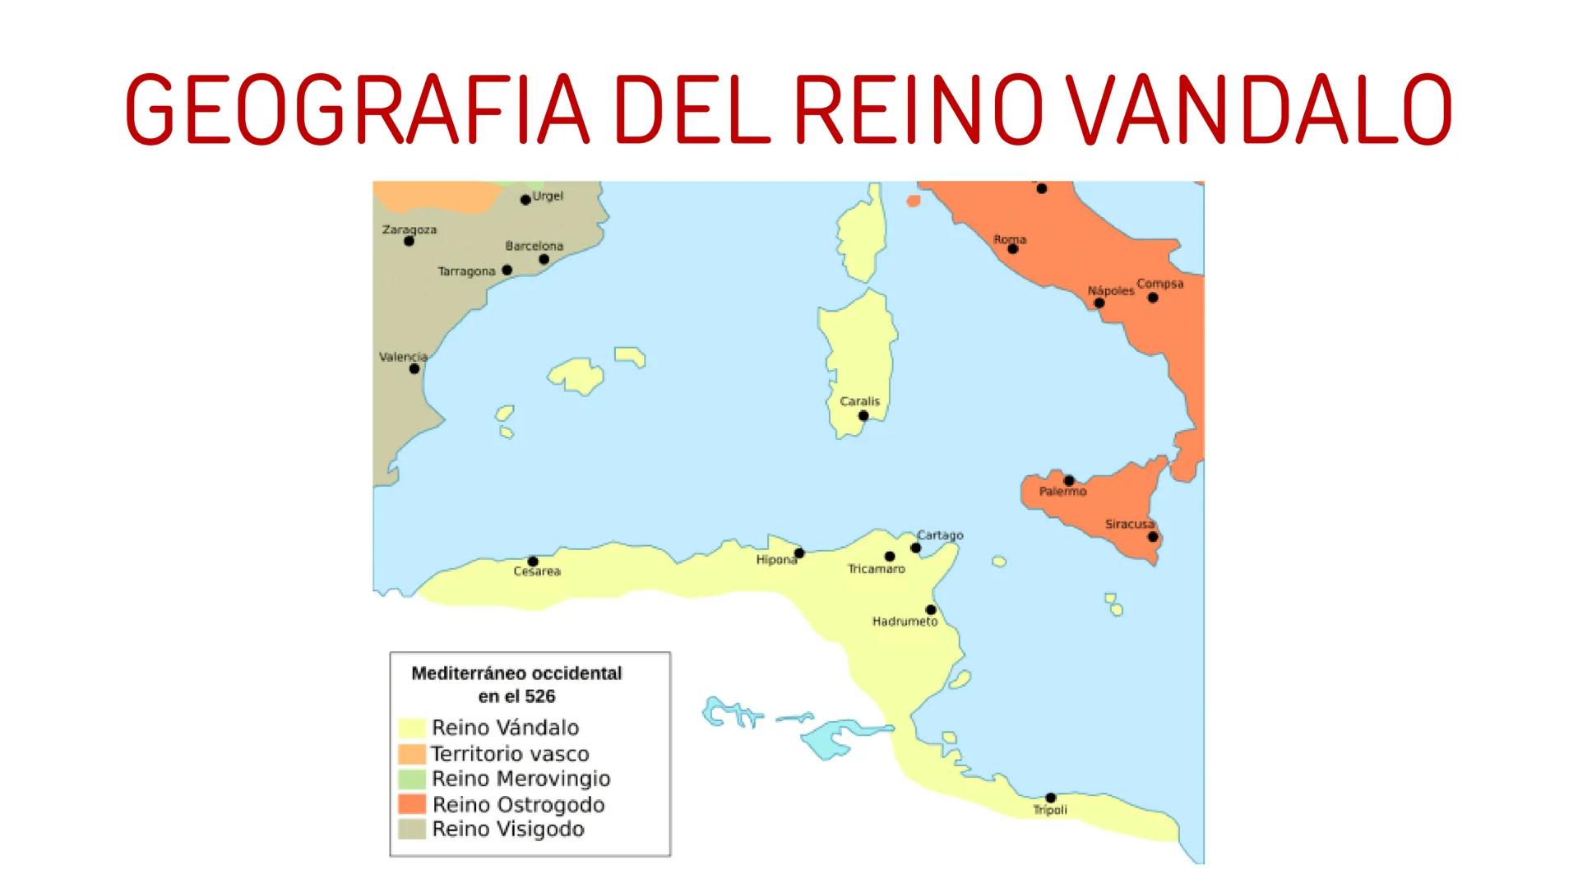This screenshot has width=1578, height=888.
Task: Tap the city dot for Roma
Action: pyautogui.click(x=1012, y=248)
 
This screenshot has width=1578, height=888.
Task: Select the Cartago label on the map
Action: pyautogui.click(x=940, y=535)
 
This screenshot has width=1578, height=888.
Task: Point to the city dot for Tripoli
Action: pyautogui.click(x=1050, y=798)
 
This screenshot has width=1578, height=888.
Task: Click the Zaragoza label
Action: pyautogui.click(x=410, y=229)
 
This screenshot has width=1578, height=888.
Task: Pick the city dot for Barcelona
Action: pyautogui.click(x=544, y=259)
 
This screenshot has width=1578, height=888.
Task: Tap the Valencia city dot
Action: pyautogui.click(x=414, y=368)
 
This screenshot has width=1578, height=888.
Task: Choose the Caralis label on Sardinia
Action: pyautogui.click(x=859, y=401)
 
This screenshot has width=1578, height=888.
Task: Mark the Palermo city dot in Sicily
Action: pyautogui.click(x=1069, y=480)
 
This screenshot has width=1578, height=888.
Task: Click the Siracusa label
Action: pyautogui.click(x=1129, y=524)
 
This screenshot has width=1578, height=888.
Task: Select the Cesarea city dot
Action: pyautogui.click(x=533, y=562)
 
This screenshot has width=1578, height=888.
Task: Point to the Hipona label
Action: pyautogui.click(x=776, y=560)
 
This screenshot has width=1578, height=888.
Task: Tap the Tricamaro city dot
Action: pyautogui.click(x=889, y=557)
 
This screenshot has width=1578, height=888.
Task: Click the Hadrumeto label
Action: pyautogui.click(x=905, y=622)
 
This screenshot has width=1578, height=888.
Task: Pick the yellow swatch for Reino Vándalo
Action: pyautogui.click(x=412, y=728)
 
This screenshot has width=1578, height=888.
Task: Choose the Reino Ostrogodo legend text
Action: pyautogui.click(x=518, y=804)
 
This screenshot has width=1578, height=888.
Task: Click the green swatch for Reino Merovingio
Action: pyautogui.click(x=412, y=779)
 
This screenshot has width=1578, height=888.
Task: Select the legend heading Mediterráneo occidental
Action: pyautogui.click(x=516, y=673)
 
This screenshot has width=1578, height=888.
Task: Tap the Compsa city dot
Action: pyautogui.click(x=1153, y=298)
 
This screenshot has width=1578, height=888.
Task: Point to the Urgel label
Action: pyautogui.click(x=548, y=197)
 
